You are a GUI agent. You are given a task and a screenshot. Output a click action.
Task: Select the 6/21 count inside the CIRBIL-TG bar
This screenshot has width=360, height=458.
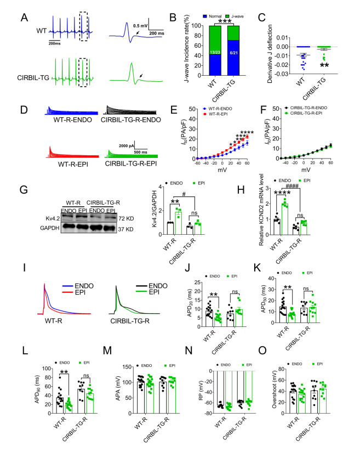(234, 66)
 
